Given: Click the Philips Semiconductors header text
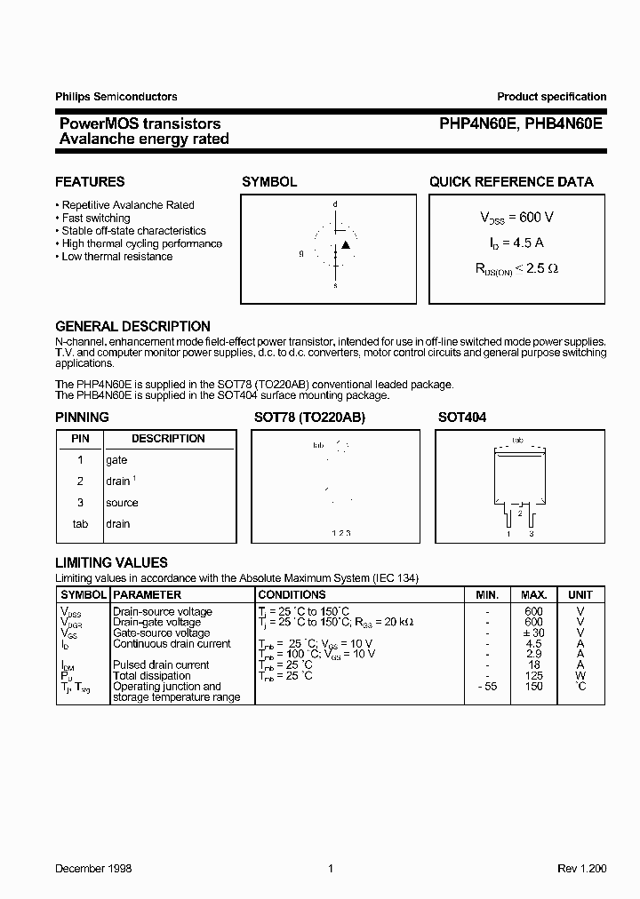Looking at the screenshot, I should [x=116, y=97].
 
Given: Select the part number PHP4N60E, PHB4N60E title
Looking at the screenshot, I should [x=520, y=124].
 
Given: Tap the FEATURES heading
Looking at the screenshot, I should [x=90, y=181].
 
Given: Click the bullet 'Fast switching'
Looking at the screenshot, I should [x=95, y=218].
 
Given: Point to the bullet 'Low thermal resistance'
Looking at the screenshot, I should [x=116, y=257].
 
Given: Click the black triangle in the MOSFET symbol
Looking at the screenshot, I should [x=346, y=244].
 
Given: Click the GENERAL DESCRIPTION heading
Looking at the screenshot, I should [x=132, y=326].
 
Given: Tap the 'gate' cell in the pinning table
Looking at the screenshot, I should [x=116, y=460].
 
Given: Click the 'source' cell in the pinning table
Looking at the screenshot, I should [x=122, y=503].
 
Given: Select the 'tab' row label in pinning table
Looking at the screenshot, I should [x=80, y=524].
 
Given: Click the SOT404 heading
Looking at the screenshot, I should [x=461, y=417].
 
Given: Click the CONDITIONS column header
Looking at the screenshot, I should [x=292, y=594].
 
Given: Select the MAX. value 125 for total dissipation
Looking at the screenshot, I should [x=533, y=676].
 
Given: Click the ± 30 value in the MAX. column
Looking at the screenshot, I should [x=533, y=632].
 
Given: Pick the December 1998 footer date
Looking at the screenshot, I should [x=93, y=868].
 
